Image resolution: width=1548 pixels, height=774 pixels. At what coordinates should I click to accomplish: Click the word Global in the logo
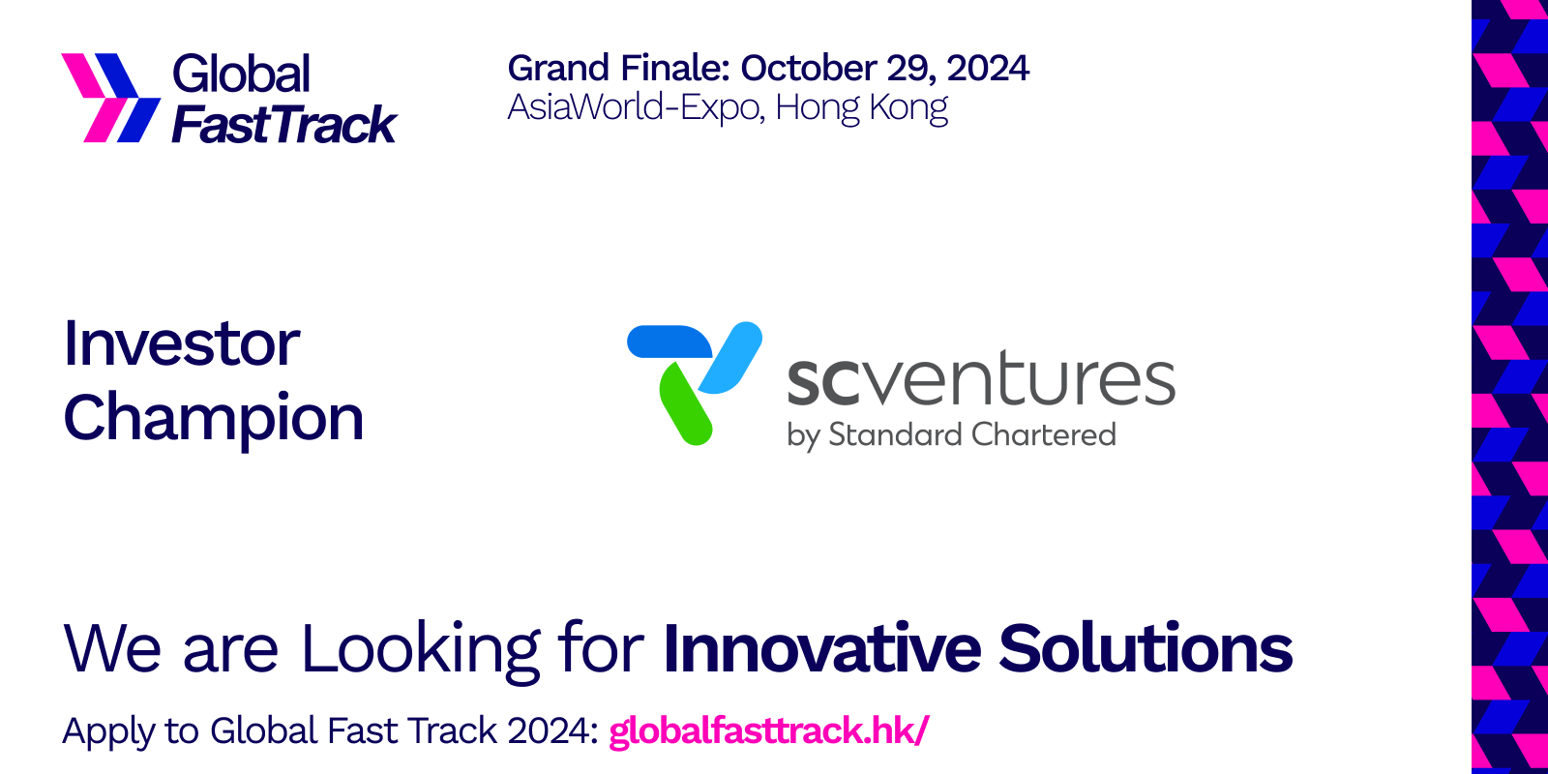(x=241, y=74)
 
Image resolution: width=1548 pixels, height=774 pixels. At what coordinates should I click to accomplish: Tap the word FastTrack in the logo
(x=283, y=125)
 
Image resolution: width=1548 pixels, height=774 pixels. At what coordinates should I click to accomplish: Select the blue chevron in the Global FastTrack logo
(x=130, y=98)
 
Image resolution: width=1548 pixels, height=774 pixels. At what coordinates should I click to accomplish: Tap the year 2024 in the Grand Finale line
(x=987, y=69)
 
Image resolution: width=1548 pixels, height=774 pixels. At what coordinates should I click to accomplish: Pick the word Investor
(x=182, y=343)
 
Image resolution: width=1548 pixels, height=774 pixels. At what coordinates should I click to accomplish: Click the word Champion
(x=214, y=418)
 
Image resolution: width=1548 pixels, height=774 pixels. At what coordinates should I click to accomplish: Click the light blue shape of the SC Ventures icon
(x=732, y=356)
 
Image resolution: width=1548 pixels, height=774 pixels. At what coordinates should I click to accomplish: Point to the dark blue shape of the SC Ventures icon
(x=668, y=342)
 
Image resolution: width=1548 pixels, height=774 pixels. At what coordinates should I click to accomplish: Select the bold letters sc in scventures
(x=822, y=380)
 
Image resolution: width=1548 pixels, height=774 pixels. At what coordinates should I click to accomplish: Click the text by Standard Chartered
(x=951, y=435)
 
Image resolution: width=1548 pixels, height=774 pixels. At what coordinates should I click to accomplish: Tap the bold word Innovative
(x=822, y=648)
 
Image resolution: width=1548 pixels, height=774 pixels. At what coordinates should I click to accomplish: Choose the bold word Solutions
(x=1146, y=648)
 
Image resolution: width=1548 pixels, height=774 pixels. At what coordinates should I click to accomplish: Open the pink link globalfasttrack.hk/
(x=769, y=730)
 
